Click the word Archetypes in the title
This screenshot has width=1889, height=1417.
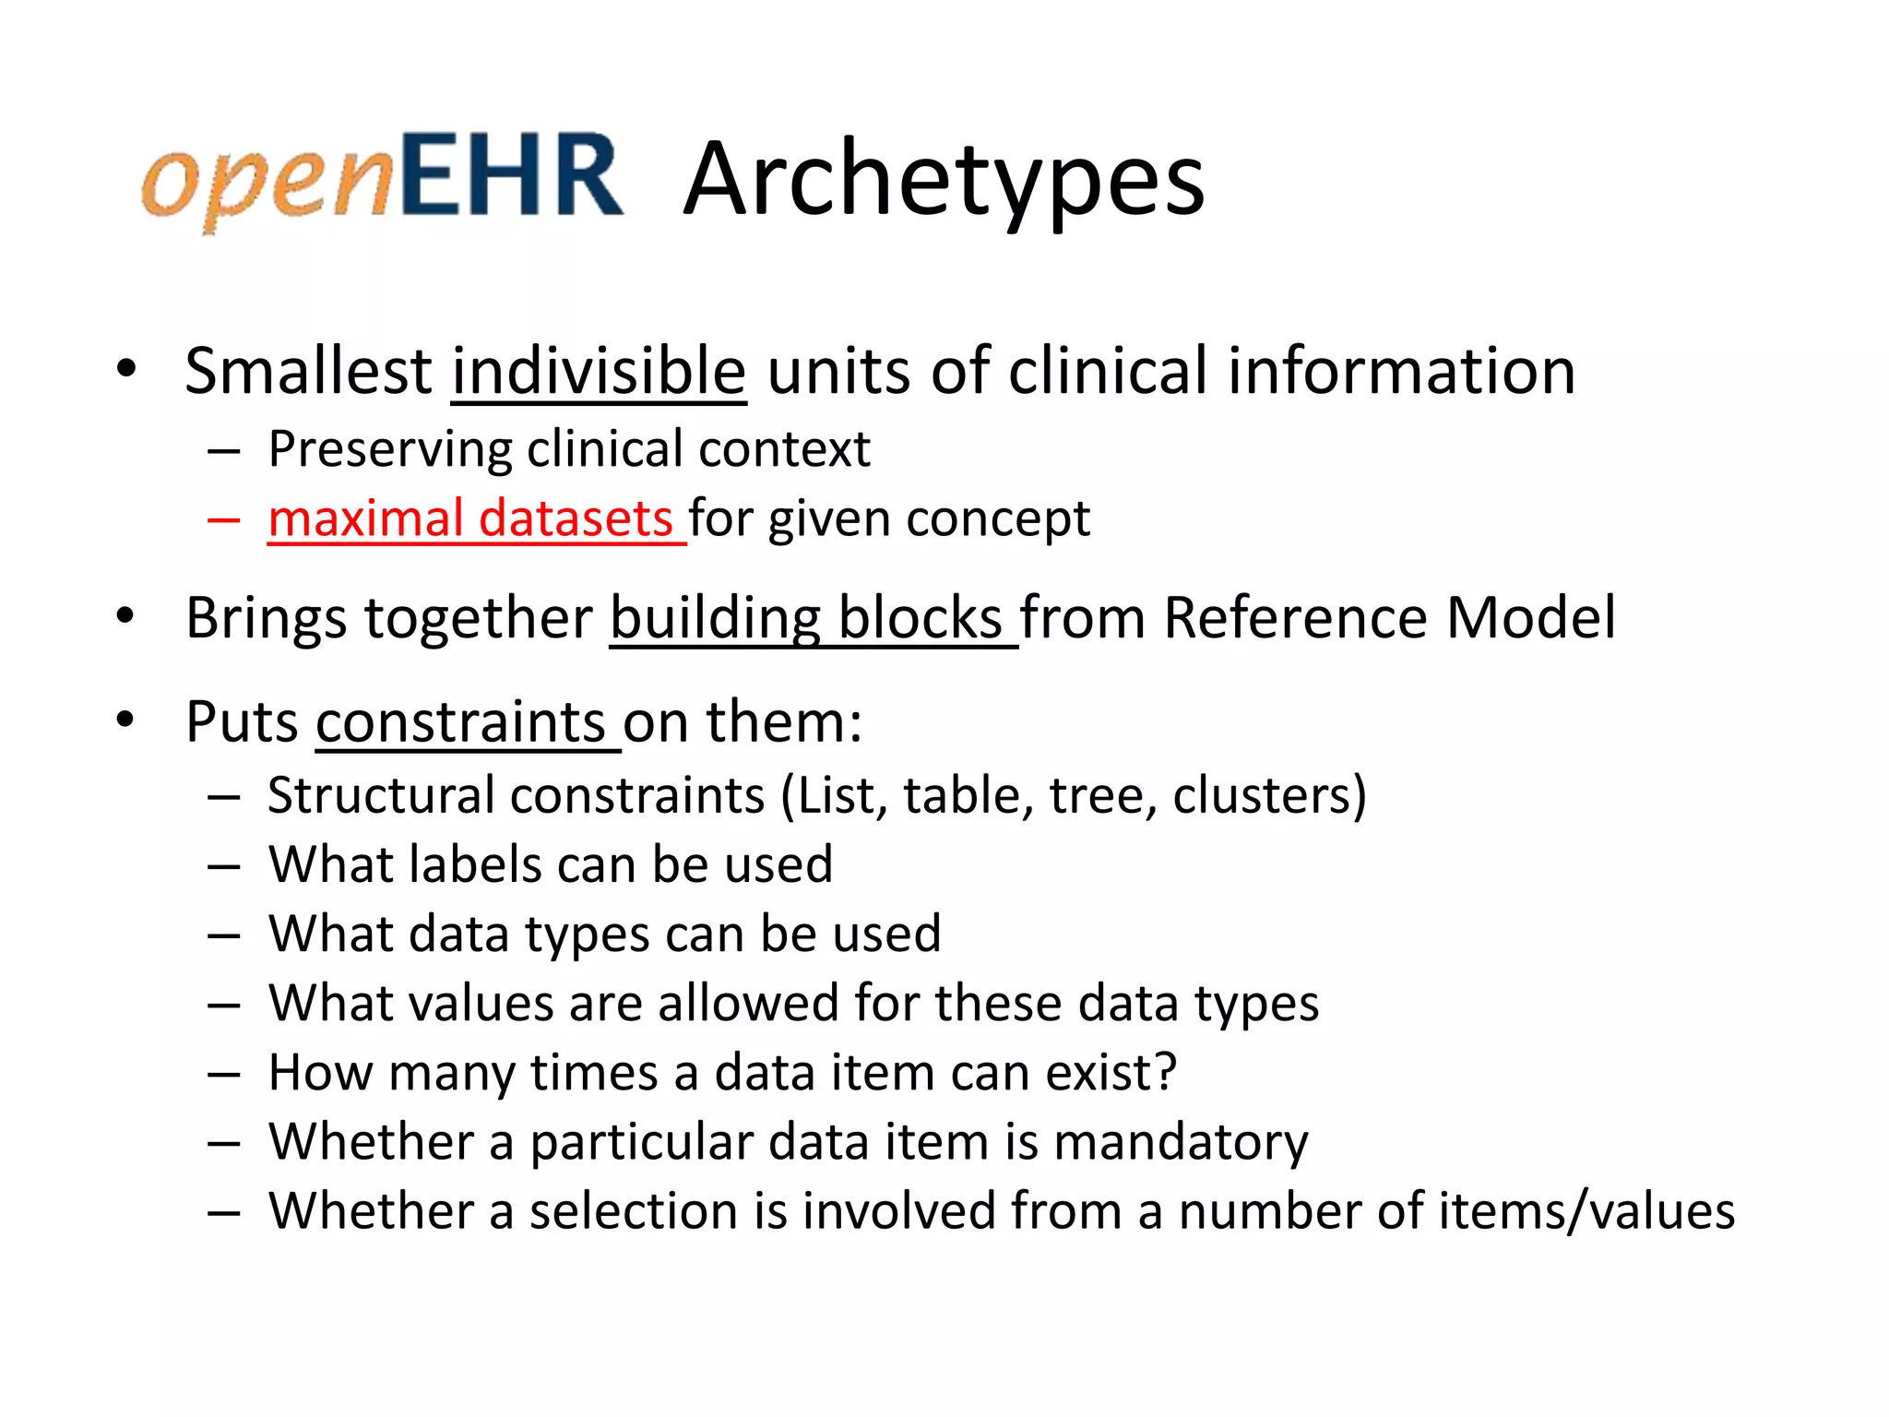944,179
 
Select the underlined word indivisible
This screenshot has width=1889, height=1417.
599,371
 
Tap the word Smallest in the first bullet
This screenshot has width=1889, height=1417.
308,371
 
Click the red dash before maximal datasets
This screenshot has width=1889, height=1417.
224,519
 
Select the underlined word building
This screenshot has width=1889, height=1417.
716,617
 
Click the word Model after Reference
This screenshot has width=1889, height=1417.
1530,617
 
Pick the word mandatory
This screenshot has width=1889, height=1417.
1180,1142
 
